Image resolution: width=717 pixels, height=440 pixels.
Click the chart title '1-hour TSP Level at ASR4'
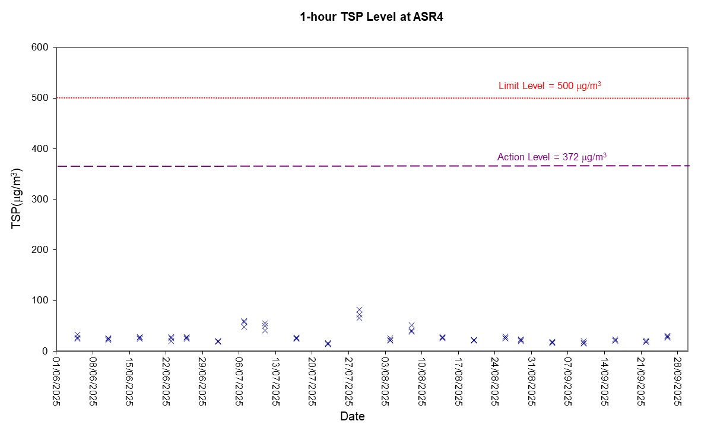pos(372,17)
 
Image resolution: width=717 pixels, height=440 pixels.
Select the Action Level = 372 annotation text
pos(551,157)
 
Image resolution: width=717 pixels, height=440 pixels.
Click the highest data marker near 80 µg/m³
pos(359,310)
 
